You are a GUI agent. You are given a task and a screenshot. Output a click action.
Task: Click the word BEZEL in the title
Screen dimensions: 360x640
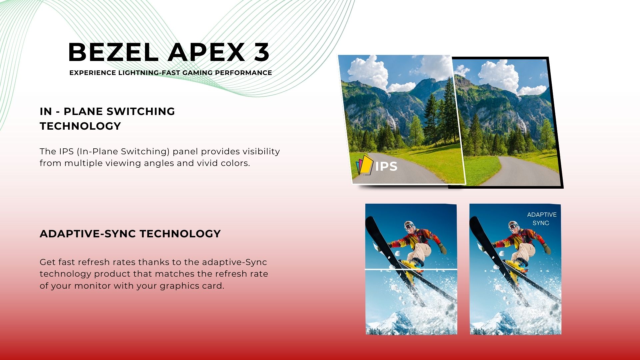(113, 52)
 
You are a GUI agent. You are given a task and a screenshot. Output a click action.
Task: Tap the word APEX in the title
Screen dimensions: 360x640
(207, 52)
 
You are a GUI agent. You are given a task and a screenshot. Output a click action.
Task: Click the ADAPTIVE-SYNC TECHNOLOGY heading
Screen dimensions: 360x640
(130, 234)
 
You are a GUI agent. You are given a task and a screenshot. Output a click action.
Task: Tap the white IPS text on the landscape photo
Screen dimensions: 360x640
(386, 166)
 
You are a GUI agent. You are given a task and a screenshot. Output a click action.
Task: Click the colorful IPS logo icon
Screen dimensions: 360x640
(364, 165)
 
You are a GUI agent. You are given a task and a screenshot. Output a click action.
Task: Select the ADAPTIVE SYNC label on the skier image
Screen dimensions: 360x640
(541, 219)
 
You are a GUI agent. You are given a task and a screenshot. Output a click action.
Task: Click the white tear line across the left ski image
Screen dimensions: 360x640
(411, 269)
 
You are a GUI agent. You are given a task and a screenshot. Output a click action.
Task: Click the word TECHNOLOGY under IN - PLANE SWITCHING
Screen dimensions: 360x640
(80, 126)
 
